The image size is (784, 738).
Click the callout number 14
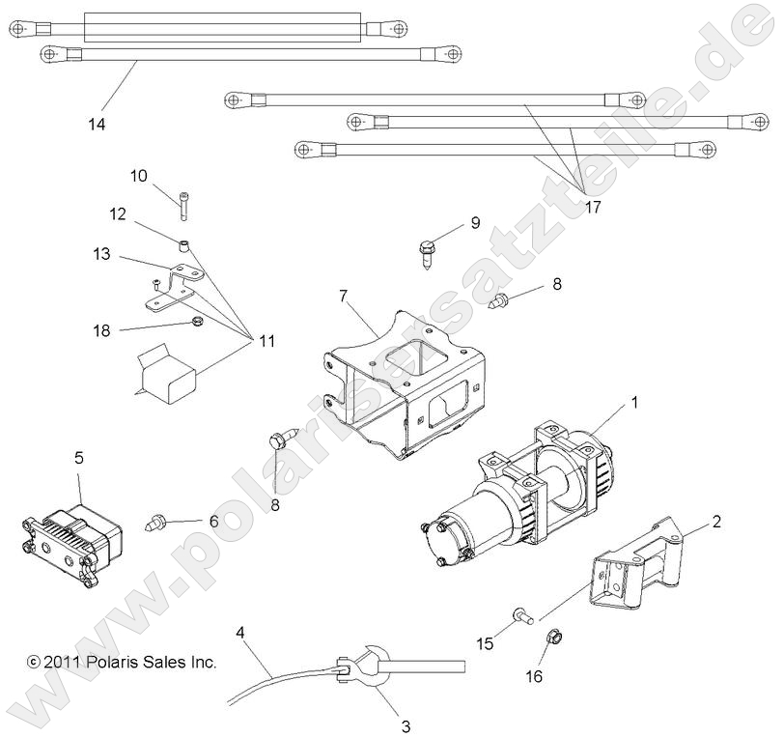(x=96, y=125)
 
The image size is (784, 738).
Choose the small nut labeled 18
(x=194, y=322)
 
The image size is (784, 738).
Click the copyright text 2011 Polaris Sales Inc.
(x=122, y=663)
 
